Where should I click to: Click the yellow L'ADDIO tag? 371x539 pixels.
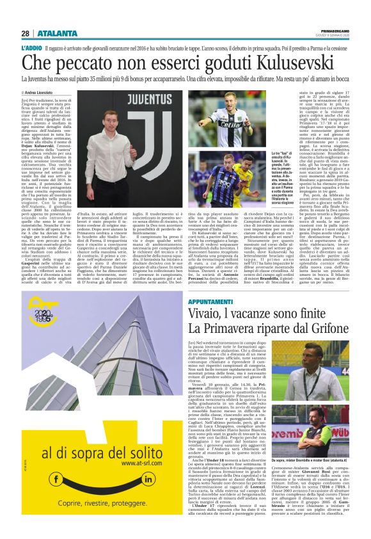click(31, 48)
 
